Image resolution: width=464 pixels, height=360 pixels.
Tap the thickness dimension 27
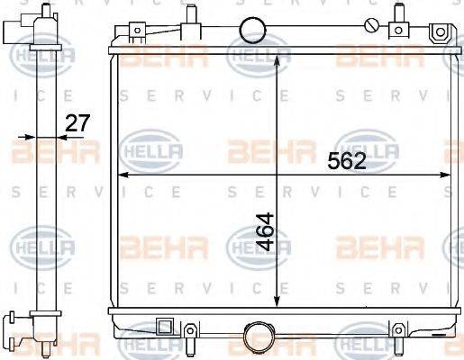pos(78,123)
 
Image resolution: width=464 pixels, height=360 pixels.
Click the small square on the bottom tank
pos(165,327)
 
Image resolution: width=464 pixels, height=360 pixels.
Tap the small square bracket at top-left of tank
pos(136,33)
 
